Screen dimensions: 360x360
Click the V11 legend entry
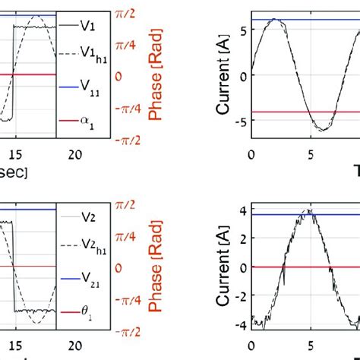coord(85,87)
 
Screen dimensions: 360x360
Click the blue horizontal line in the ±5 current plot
coord(304,19)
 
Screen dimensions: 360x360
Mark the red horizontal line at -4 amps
coord(304,112)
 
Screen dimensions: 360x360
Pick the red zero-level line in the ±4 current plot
coord(304,267)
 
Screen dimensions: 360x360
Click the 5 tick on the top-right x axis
coord(309,155)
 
